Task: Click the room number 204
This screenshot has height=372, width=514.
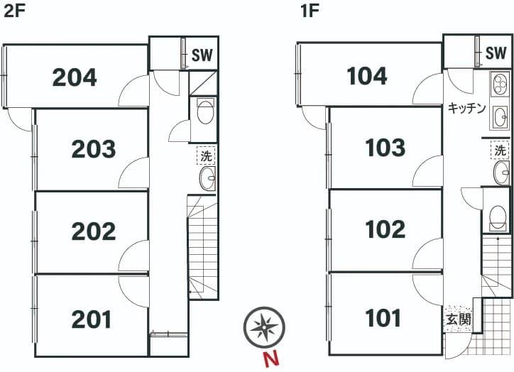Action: [x=75, y=77]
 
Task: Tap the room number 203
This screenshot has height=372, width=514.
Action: [x=94, y=149]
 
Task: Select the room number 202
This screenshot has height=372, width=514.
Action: [x=94, y=231]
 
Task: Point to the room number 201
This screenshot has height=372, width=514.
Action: [x=92, y=319]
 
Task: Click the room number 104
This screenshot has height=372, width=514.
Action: [x=367, y=76]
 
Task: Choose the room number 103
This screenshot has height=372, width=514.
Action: [x=385, y=147]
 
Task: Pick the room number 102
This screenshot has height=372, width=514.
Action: [x=385, y=229]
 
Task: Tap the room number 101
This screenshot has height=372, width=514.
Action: [x=383, y=318]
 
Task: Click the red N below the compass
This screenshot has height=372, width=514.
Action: [x=271, y=359]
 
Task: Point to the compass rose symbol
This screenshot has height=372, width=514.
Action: [x=264, y=327]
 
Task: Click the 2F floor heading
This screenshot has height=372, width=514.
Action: [x=14, y=11]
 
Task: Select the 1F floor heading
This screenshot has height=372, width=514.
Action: [x=310, y=11]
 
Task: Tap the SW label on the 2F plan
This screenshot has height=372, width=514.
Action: [x=202, y=55]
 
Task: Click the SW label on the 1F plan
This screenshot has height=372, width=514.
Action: [x=496, y=53]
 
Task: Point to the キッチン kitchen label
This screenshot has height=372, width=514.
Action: [x=466, y=108]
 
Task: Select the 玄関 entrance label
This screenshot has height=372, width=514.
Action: [x=459, y=319]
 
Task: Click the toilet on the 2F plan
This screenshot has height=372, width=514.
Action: [x=205, y=111]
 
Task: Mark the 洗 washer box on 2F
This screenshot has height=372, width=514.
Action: [x=206, y=155]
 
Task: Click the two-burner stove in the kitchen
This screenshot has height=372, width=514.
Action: [x=500, y=84]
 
